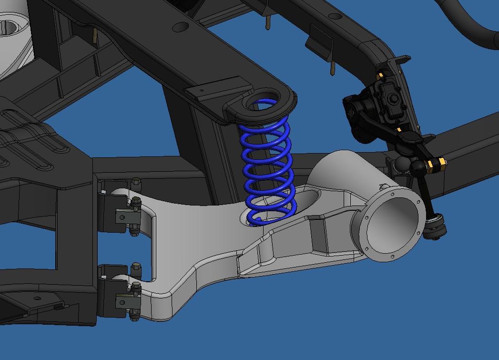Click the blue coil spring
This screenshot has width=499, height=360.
point(267,162)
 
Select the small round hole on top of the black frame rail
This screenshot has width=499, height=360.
point(181,27)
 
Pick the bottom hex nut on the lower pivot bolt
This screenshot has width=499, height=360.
point(134,314)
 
